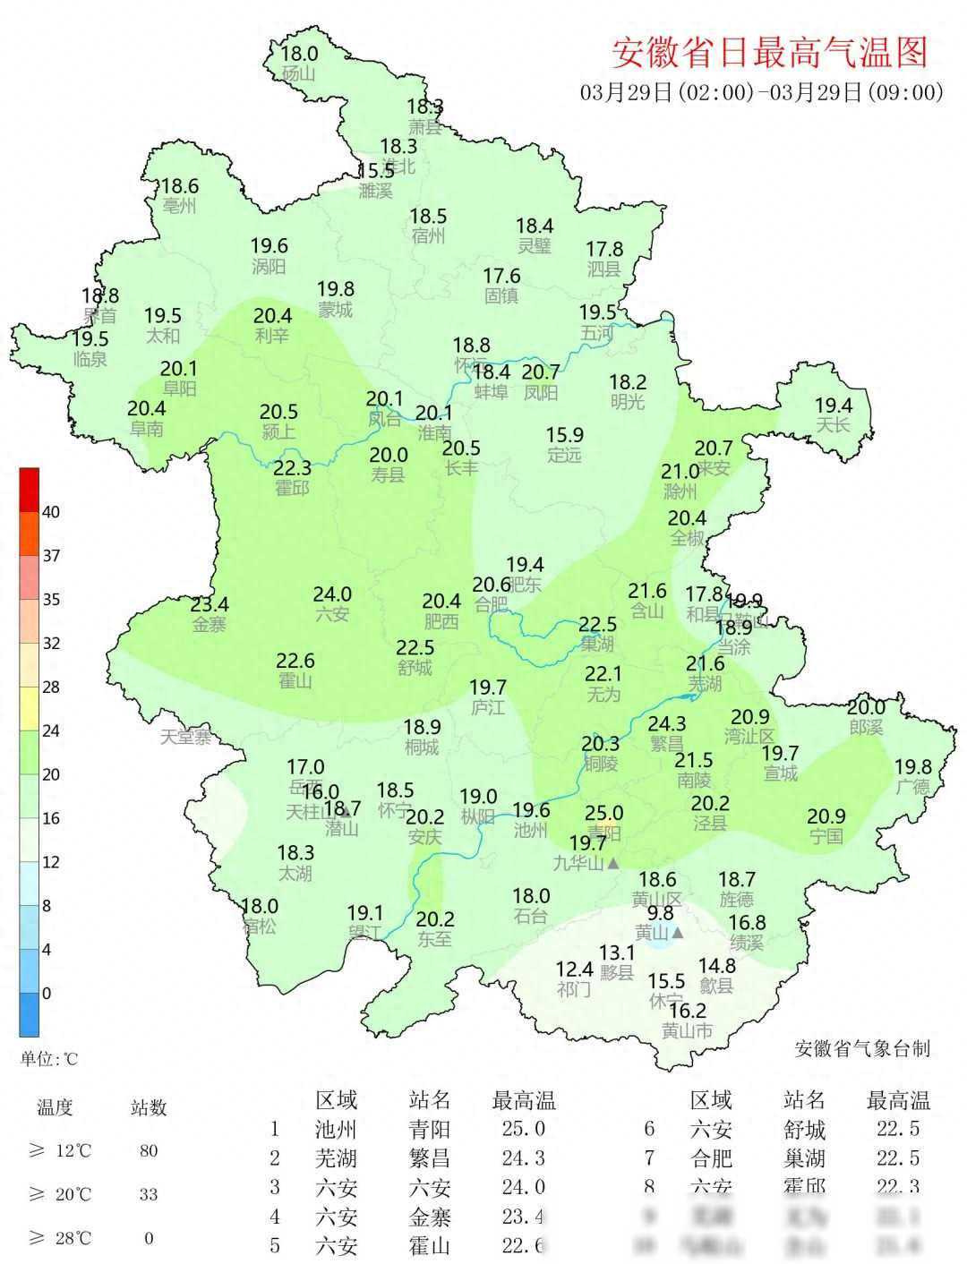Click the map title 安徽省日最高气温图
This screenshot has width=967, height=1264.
click(769, 54)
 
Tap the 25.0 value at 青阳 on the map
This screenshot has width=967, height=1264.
click(603, 813)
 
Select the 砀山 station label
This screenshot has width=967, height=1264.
click(298, 73)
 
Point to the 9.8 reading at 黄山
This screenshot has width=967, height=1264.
click(660, 913)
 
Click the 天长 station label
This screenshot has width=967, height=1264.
click(833, 425)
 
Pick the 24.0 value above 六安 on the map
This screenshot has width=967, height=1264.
click(332, 594)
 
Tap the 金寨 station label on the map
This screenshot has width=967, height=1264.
click(210, 625)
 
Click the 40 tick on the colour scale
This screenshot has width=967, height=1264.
click(51, 512)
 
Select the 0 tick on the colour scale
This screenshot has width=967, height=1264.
click(47, 993)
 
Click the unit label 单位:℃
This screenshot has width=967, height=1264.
click(49, 1059)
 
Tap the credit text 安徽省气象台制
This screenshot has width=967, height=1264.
click(862, 1048)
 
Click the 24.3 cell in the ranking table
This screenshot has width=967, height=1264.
click(523, 1158)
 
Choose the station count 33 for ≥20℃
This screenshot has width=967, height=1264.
click(149, 1194)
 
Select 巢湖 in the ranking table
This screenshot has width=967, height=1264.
click(803, 1158)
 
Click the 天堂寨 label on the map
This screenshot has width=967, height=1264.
click(186, 738)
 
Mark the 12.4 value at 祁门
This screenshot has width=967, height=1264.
click(574, 969)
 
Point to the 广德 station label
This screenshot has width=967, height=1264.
click(912, 787)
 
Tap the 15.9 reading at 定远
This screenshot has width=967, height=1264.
click(565, 435)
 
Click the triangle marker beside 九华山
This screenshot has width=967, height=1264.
click(613, 864)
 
